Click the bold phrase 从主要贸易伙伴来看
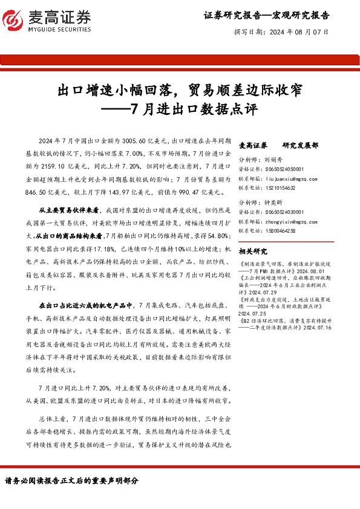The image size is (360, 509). [x=68, y=209]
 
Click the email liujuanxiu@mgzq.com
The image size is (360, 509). [x=296, y=178]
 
